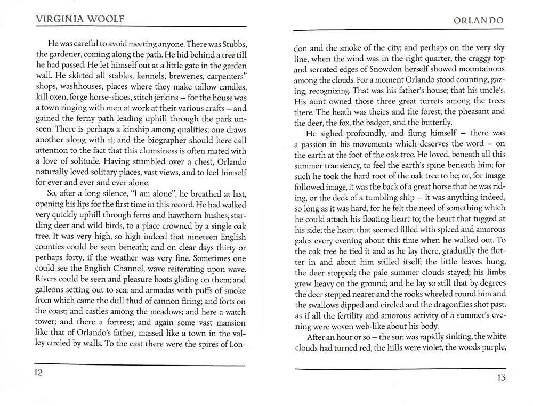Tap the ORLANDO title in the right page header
click(x=478, y=21)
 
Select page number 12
click(x=38, y=372)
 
